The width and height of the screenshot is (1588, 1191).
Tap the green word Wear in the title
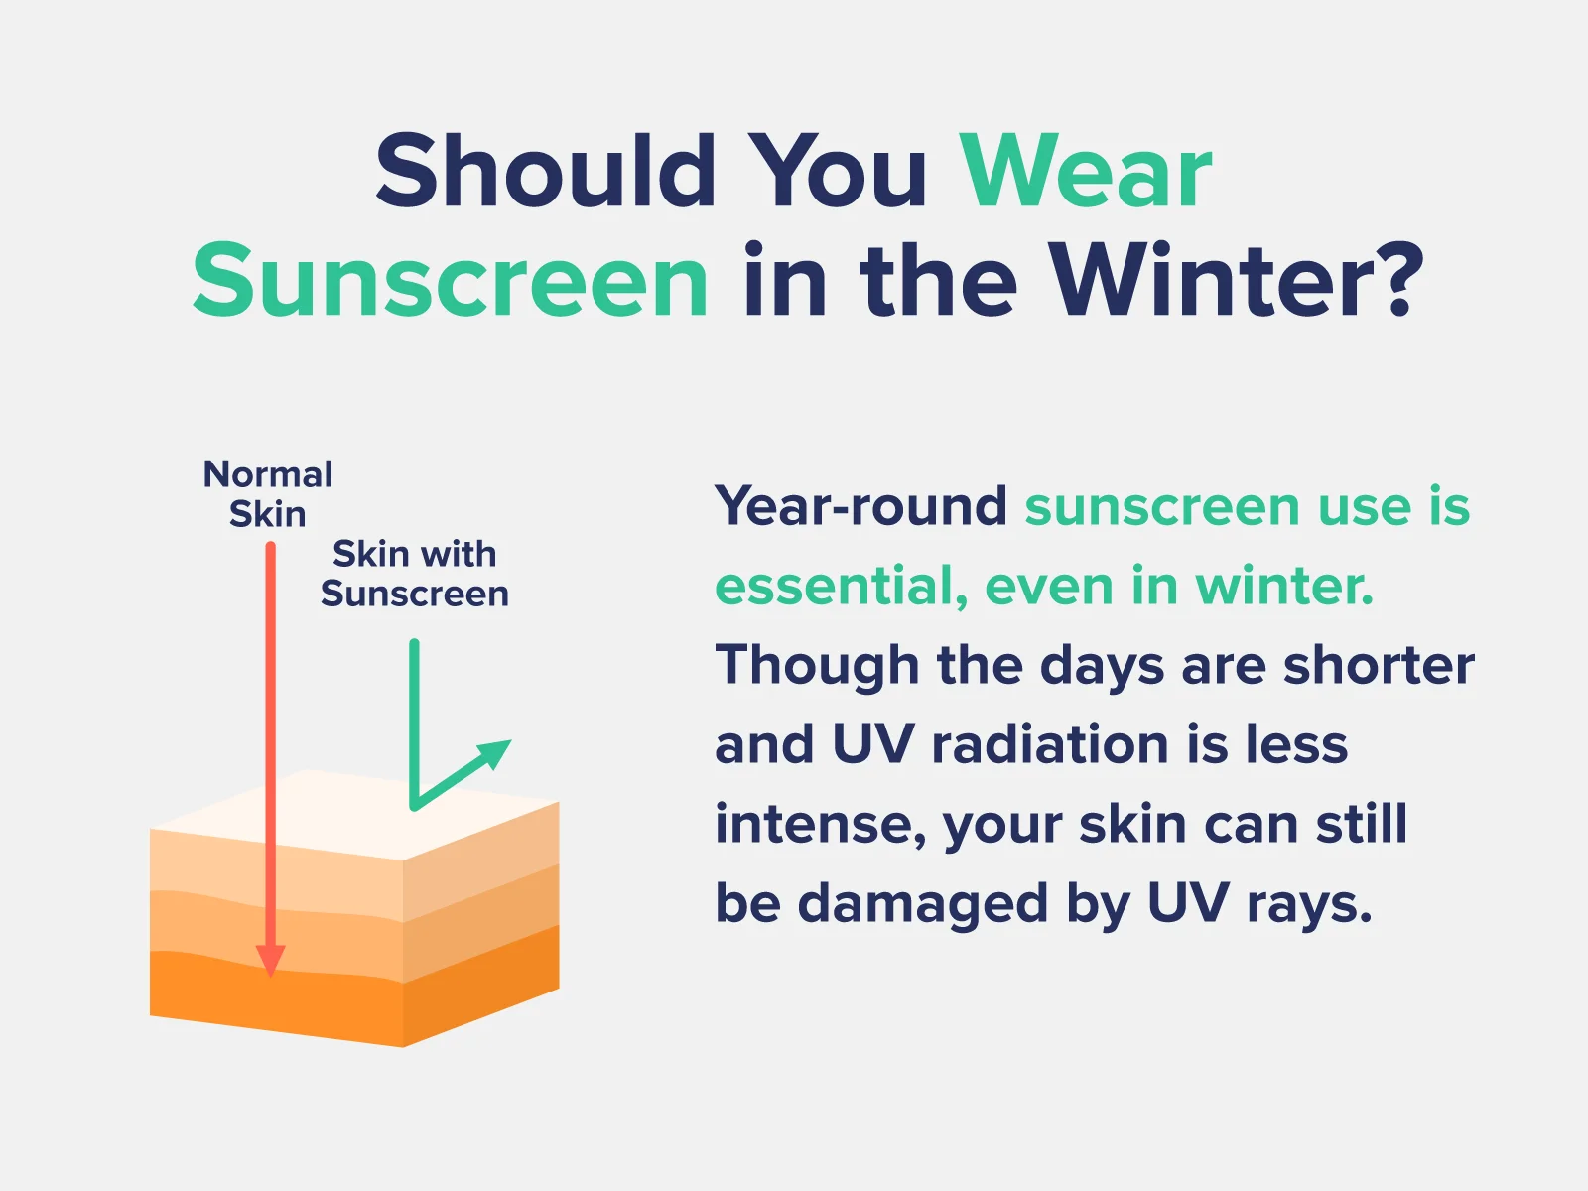(1085, 172)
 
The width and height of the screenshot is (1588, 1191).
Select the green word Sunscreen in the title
(450, 280)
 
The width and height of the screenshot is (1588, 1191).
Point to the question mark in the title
(1402, 279)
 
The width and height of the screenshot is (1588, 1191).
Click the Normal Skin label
(268, 494)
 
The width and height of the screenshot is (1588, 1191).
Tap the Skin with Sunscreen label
(415, 574)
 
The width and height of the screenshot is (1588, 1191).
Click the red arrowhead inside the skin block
(270, 961)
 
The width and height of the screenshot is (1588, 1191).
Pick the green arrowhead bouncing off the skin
(494, 754)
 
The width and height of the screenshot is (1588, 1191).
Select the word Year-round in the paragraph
(860, 505)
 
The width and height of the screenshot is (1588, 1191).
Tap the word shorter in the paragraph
(1379, 664)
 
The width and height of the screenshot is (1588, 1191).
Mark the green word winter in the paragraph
(1284, 585)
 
